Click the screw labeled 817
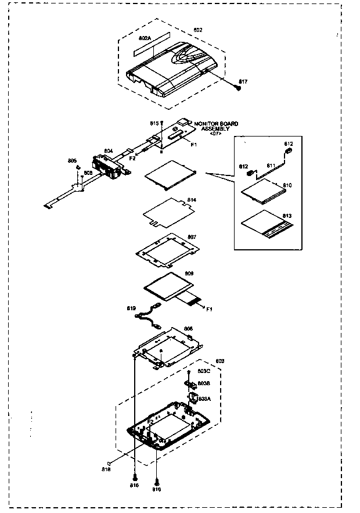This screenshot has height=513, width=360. coord(237,88)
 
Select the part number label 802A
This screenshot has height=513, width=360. coord(145,38)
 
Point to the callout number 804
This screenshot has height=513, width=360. coord(109,151)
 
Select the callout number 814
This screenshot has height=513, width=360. coord(192,200)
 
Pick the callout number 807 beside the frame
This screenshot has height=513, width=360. coord(192,237)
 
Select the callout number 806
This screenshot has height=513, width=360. coord(188,329)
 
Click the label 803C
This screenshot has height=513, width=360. coord(204,371)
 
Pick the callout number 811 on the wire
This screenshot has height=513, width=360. coord(271,166)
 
